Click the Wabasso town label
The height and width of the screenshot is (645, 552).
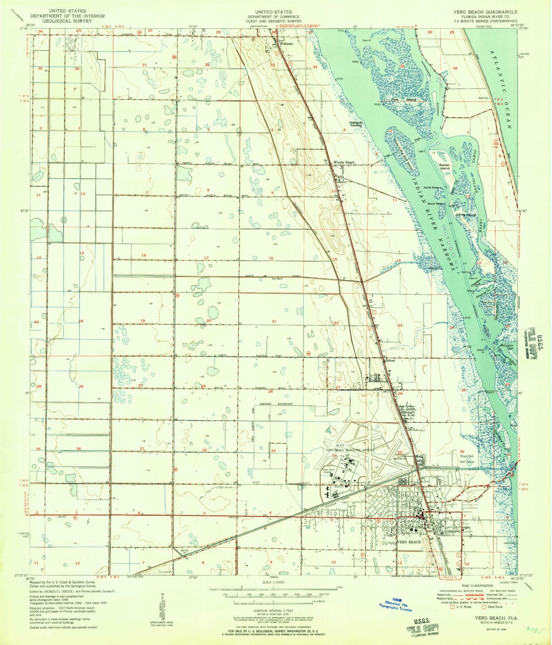point(287,43)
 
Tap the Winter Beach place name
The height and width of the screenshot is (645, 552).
point(344,162)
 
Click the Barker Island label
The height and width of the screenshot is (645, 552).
point(445,166)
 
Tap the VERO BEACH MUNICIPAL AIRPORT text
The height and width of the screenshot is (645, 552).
point(350,450)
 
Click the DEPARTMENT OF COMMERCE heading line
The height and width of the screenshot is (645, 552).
point(273,17)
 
